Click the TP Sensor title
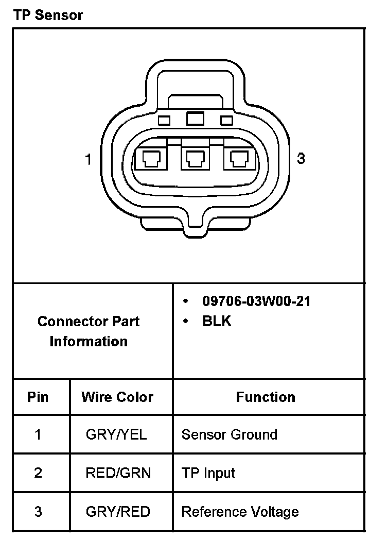[48, 15]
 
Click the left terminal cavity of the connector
[151, 159]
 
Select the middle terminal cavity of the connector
[195, 159]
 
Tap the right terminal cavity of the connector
[239, 159]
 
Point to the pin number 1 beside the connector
[88, 159]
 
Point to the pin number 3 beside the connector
[301, 158]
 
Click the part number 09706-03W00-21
[256, 301]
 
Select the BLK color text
[217, 321]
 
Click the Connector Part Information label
[89, 331]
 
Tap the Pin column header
[38, 397]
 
